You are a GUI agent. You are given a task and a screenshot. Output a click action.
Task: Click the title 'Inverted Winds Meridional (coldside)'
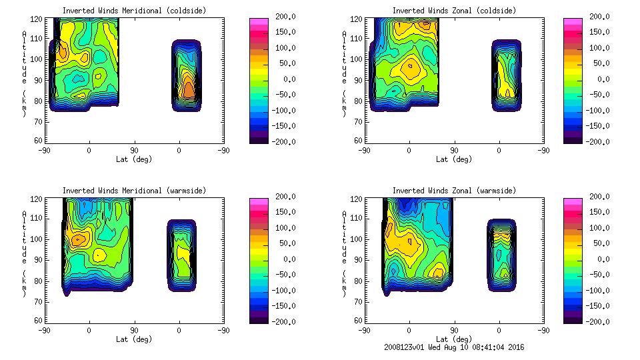tap(134, 11)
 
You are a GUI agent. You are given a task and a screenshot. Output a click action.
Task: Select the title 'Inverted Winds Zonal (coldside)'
tap(454, 11)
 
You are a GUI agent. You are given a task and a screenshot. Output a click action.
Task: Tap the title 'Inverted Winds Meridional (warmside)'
tap(134, 191)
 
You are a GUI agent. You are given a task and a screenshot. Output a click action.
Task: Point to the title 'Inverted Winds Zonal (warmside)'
tap(454, 191)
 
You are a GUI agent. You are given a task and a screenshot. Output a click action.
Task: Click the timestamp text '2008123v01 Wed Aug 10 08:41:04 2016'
tap(454, 347)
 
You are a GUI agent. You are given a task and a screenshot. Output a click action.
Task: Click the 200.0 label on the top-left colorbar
tap(285, 17)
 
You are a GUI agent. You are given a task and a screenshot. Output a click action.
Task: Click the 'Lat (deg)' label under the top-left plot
tap(134, 159)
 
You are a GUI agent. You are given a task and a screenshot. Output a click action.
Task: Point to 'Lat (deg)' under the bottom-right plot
tap(454, 339)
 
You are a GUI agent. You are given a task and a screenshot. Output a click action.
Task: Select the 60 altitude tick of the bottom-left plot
tap(39, 321)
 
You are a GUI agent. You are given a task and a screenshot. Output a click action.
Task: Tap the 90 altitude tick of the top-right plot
tap(359, 79)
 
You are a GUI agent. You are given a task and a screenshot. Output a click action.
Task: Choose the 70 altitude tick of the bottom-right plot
tap(359, 301)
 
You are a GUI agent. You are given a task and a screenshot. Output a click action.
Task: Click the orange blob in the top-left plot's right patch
tap(189, 88)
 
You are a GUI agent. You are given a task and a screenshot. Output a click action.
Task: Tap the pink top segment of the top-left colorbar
tap(258, 23)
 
